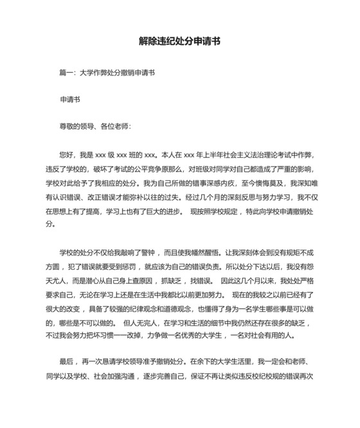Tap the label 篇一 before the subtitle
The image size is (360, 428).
tap(66, 73)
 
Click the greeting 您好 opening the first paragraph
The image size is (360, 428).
tap(66, 154)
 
